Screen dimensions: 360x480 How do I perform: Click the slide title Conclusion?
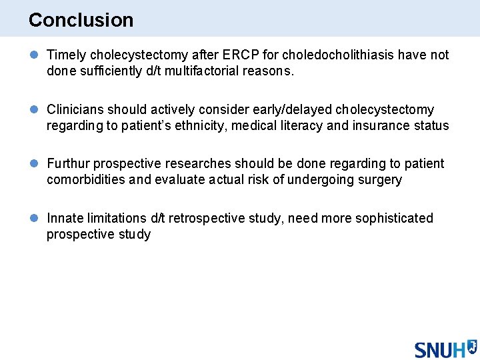(81, 20)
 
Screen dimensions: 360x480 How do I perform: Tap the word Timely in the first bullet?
(65, 55)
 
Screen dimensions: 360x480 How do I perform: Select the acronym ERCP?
(235, 55)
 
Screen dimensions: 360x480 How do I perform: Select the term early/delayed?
(293, 110)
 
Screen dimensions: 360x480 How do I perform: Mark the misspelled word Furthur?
(68, 164)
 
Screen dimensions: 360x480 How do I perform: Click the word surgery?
(379, 180)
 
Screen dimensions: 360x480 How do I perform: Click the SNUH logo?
(445, 348)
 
